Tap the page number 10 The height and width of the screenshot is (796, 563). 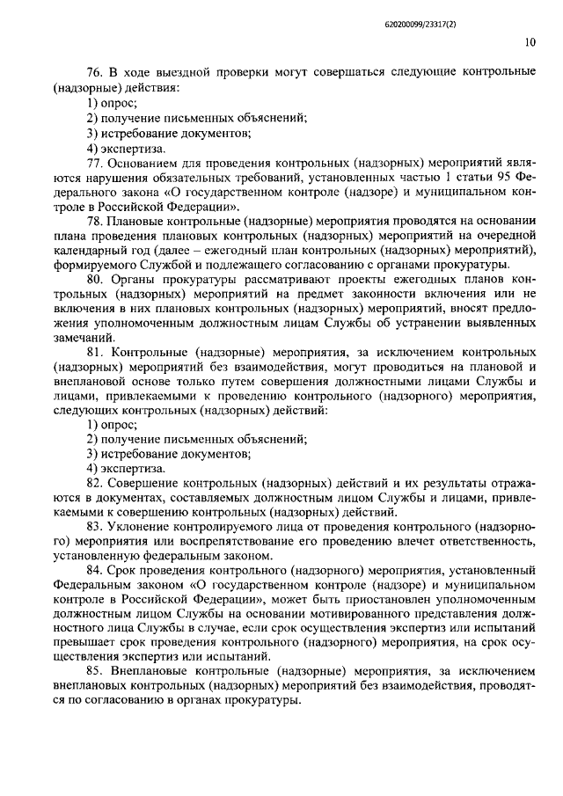pyautogui.click(x=528, y=41)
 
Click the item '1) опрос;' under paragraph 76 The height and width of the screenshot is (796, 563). pyautogui.click(x=112, y=103)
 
